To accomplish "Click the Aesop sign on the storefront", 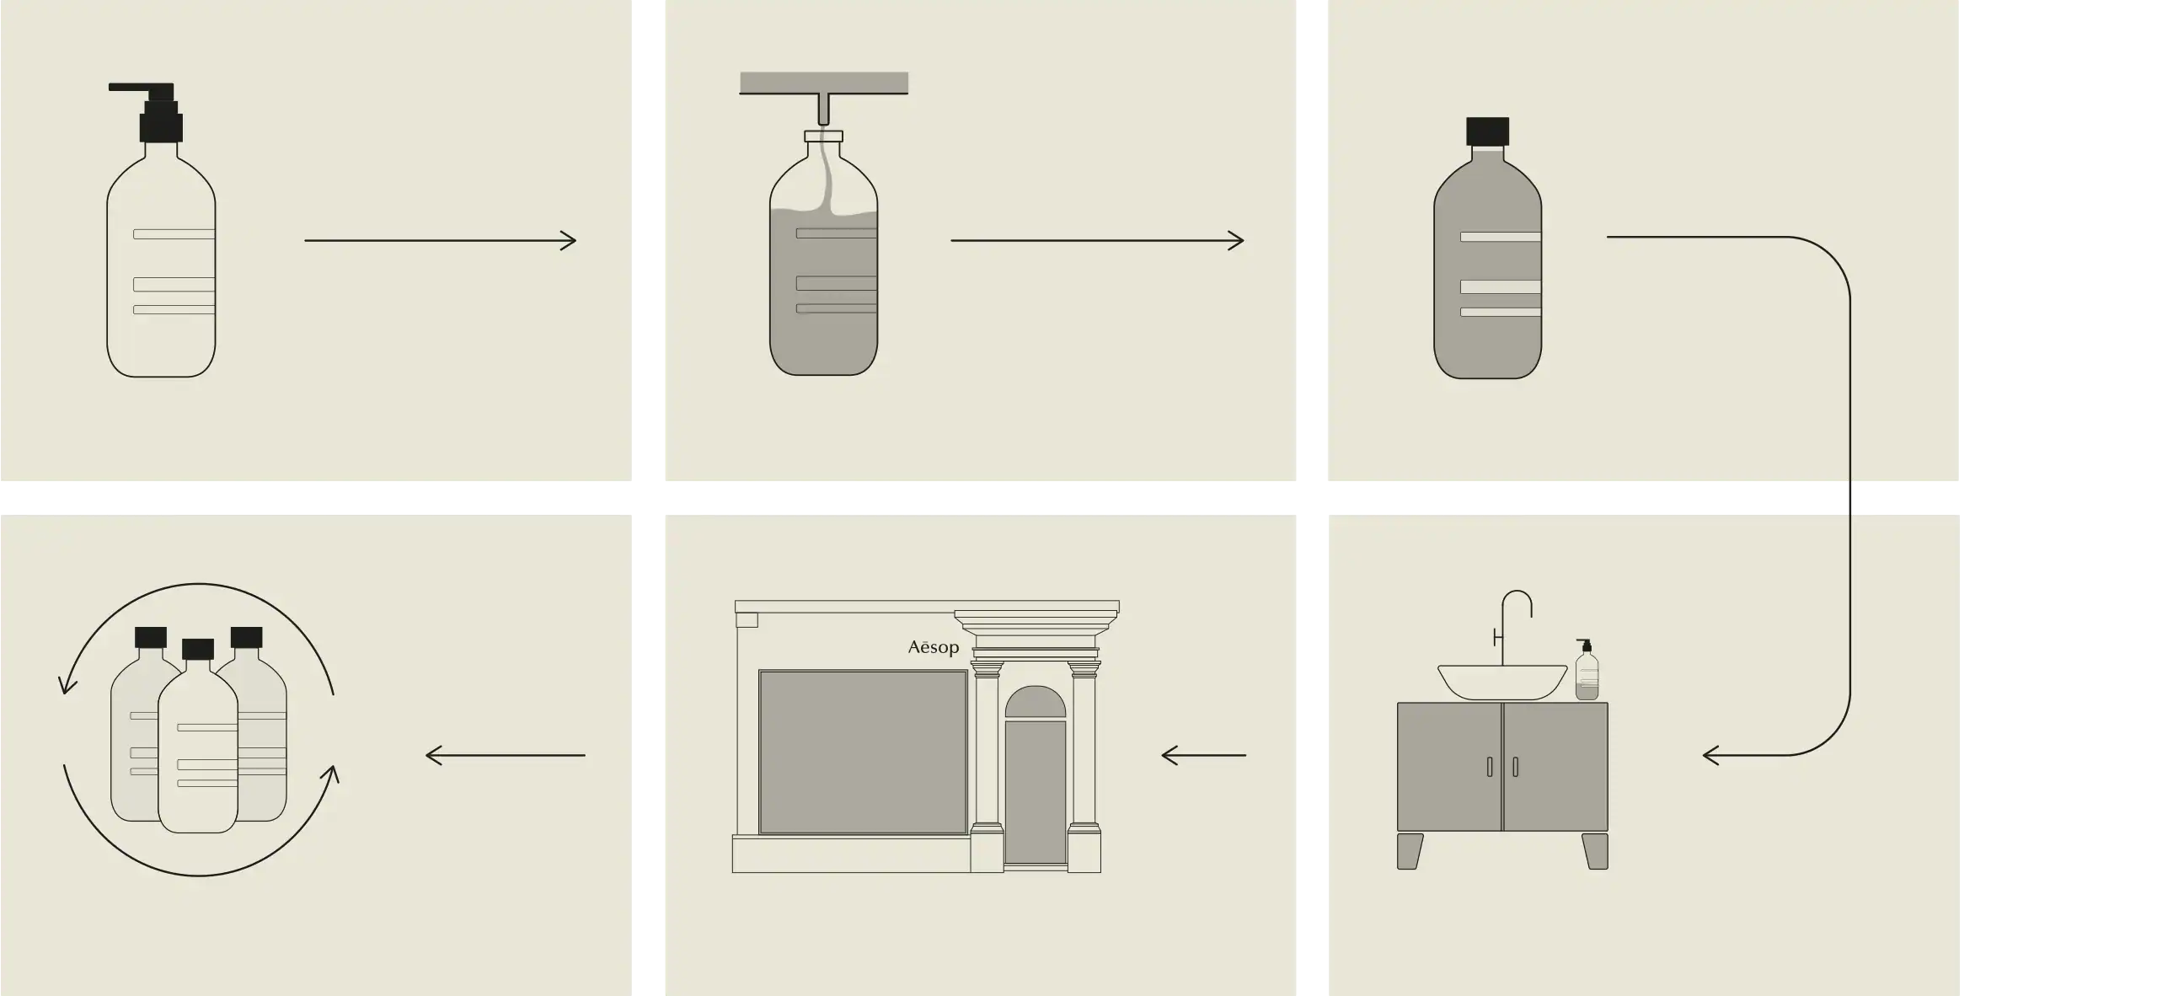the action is [934, 647].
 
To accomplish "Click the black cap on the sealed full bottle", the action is [1487, 131].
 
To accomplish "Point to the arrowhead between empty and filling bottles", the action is [569, 241].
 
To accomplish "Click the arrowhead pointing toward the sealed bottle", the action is [1236, 241].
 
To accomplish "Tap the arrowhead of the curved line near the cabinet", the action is [1710, 755].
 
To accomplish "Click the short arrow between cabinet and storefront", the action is [1203, 755].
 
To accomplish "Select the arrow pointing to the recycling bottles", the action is [506, 755].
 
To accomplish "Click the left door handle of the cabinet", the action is [1490, 767].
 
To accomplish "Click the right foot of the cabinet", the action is [1595, 851].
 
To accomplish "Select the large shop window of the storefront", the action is [863, 752].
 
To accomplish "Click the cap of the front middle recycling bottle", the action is [198, 649].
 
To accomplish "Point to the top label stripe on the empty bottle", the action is [174, 234].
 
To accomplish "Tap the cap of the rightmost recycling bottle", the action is [247, 637].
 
